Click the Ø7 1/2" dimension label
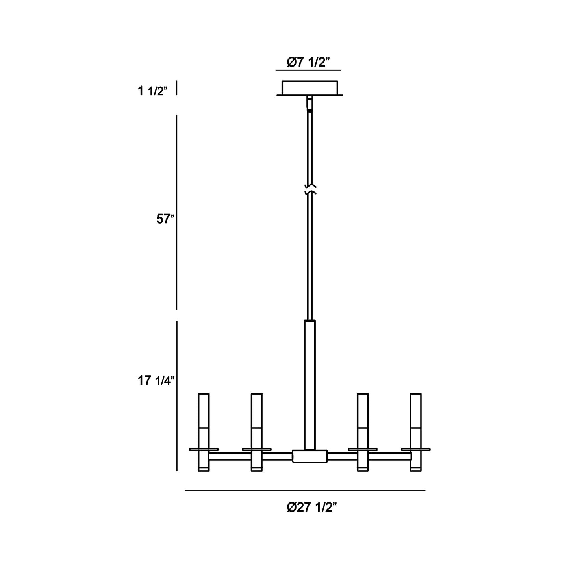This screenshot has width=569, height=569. click(308, 62)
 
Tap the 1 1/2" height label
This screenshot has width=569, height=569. click(153, 91)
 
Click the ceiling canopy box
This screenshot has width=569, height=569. click(310, 88)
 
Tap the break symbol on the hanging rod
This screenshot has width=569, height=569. click(310, 189)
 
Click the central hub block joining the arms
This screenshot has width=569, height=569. click(310, 456)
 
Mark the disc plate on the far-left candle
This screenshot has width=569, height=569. click(204, 449)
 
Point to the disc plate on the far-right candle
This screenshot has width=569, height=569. click(415, 449)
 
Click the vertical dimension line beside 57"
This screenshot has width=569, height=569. click(176, 213)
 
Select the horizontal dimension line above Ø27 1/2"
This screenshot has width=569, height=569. click(305, 491)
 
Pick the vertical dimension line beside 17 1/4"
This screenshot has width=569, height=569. click(177, 396)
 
